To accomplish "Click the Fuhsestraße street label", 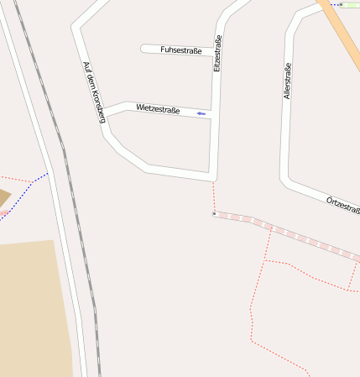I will (x=180, y=50).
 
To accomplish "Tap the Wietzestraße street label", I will (x=158, y=108).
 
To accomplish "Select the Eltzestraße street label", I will (x=218, y=53).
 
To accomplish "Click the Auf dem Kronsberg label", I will (x=93, y=92).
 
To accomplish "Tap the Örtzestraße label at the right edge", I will (x=343, y=204).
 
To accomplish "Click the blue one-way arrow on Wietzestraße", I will (x=201, y=113).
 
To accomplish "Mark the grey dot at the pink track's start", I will (x=215, y=214).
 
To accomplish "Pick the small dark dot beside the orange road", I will (x=341, y=4).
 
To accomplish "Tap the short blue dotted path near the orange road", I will (x=332, y=4).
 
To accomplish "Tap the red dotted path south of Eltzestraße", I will (x=213, y=196).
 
